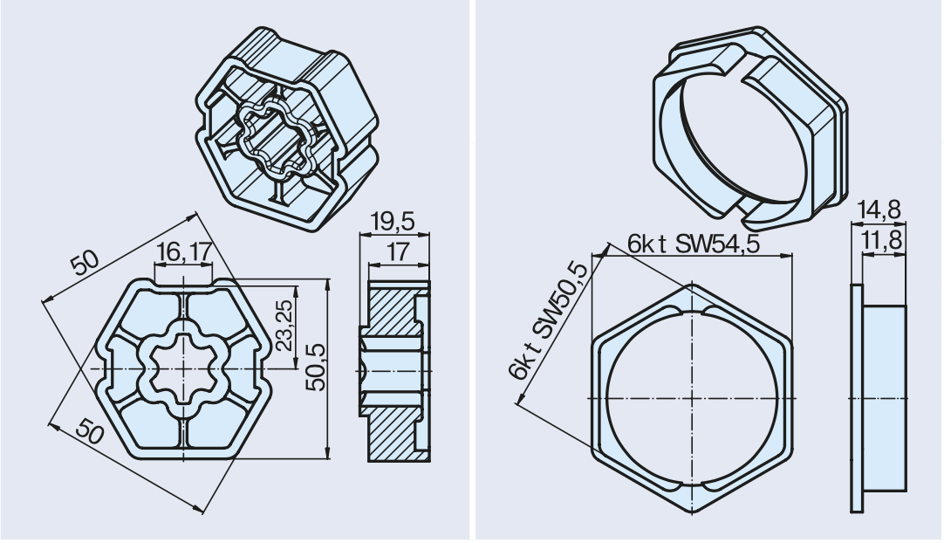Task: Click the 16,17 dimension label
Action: click(183, 252)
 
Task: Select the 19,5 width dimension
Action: click(393, 222)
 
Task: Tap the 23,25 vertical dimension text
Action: click(284, 325)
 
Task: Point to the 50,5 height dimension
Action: click(315, 367)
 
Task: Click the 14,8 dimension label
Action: click(879, 210)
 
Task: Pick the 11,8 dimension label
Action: click(882, 241)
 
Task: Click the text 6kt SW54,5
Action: click(694, 244)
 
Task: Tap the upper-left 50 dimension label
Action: click(85, 263)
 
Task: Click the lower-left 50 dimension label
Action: click(91, 433)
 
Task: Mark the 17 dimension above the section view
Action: click(397, 251)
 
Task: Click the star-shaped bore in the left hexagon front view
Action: click(183, 368)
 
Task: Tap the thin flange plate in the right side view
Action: click(856, 398)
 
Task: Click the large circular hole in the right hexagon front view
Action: click(692, 398)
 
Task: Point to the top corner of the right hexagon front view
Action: click(693, 283)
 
